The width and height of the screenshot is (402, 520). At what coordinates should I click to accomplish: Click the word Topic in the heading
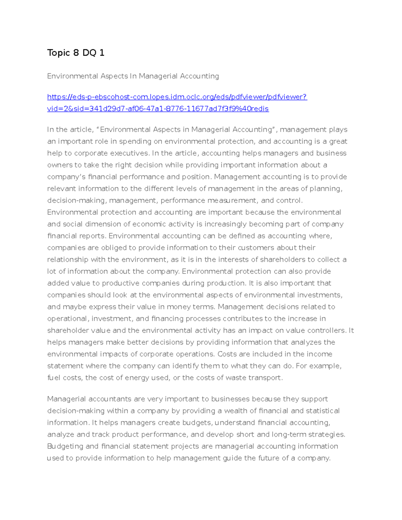58,53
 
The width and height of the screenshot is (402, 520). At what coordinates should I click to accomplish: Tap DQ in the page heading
89,53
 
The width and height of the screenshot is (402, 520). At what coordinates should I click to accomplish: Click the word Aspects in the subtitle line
114,76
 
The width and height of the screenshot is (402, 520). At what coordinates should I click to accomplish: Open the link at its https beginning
57,97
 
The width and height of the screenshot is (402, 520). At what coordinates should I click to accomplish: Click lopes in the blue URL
159,97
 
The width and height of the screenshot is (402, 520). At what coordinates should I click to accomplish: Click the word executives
129,153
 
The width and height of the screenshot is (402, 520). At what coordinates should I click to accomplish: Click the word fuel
54,378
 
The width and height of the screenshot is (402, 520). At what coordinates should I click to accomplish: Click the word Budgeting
65,446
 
